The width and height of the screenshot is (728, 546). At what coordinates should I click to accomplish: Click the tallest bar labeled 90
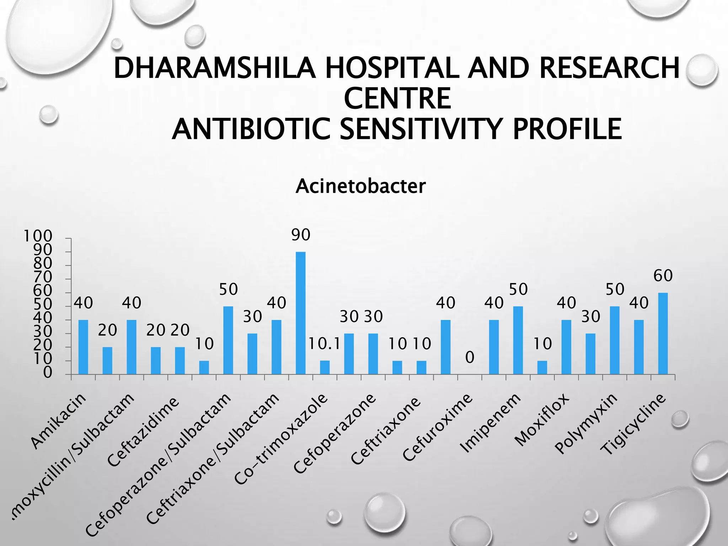(300, 313)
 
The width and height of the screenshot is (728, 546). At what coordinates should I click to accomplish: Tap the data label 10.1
(324, 344)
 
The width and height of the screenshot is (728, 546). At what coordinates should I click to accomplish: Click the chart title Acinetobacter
(360, 186)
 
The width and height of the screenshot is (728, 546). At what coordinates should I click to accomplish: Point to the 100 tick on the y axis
(38, 236)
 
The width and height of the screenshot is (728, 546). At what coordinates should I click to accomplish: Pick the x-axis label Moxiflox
(542, 419)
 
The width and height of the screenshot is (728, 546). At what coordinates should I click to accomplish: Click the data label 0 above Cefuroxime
(470, 357)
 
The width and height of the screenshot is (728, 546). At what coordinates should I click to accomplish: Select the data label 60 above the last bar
(663, 276)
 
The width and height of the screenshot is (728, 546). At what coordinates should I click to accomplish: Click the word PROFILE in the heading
(567, 129)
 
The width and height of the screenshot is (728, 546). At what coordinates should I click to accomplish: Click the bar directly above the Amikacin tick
(83, 347)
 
